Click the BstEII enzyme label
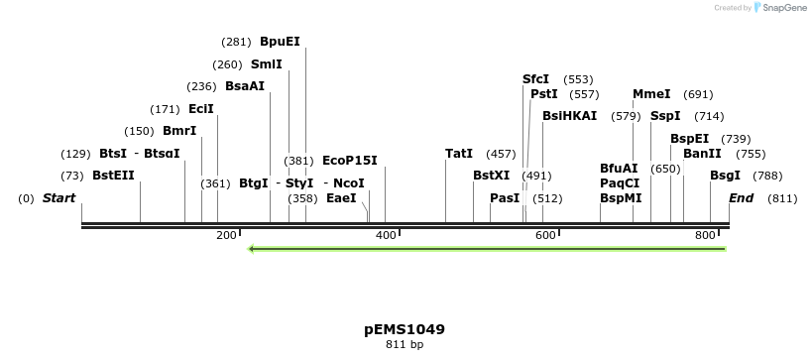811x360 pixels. pyautogui.click(x=113, y=176)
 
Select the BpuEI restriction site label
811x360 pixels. pyautogui.click(x=280, y=42)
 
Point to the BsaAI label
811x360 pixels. pyautogui.click(x=245, y=86)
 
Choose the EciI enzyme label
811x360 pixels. pyautogui.click(x=200, y=109)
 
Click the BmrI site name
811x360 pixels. pyautogui.click(x=179, y=131)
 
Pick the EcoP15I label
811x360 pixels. pyautogui.click(x=350, y=160)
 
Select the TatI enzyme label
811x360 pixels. pyautogui.click(x=459, y=154)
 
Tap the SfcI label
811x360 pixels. pyautogui.click(x=535, y=79)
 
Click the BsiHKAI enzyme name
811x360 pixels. pyautogui.click(x=569, y=116)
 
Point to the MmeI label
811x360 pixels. pyautogui.click(x=651, y=94)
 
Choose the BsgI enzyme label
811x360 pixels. pyautogui.click(x=725, y=176)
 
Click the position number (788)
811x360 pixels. pyautogui.click(x=767, y=176)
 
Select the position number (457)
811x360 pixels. pyautogui.click(x=501, y=154)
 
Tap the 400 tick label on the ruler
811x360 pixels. pyautogui.click(x=387, y=235)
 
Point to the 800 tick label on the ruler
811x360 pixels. pyautogui.click(x=705, y=235)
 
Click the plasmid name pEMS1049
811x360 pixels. pyautogui.click(x=405, y=329)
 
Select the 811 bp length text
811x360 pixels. pyautogui.click(x=405, y=345)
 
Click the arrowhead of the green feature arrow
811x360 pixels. pyautogui.click(x=253, y=248)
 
